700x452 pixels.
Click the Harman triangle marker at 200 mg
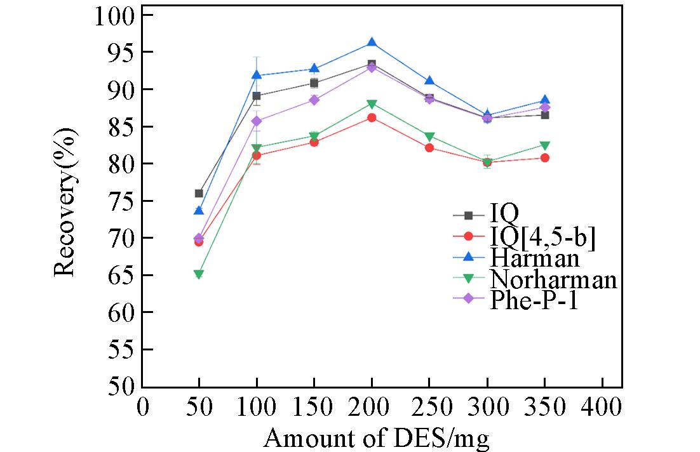point(372,43)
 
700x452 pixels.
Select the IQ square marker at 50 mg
point(199,194)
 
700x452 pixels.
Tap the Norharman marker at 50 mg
point(199,275)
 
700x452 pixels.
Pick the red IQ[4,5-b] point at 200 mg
point(372,117)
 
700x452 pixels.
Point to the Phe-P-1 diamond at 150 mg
point(314,100)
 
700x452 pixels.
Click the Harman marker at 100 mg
point(257,75)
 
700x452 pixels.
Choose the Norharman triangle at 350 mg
point(544,145)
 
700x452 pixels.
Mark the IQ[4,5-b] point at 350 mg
point(544,157)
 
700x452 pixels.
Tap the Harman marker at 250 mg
point(429,81)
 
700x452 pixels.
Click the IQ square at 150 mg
point(314,83)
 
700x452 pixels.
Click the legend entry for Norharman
point(553,279)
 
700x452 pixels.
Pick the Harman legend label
point(534,258)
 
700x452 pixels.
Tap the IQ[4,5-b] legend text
point(542,237)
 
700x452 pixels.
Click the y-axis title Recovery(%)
point(65,202)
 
